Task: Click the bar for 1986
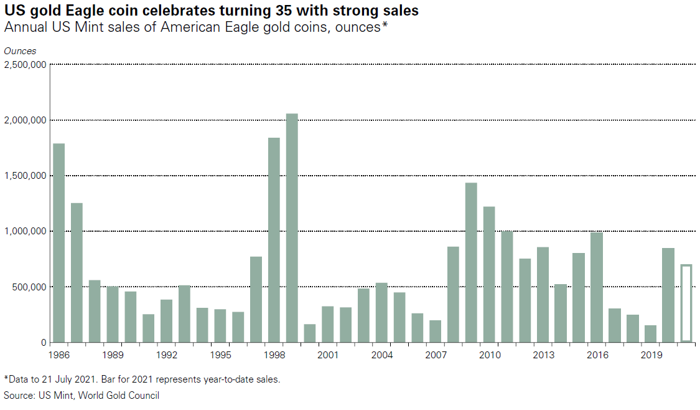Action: [59, 243]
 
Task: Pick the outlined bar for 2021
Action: [686, 303]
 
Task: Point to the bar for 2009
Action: [471, 262]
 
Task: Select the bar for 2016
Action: [597, 287]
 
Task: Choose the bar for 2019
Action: [650, 334]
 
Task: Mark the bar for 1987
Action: [77, 272]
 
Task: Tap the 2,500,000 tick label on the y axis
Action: [25, 64]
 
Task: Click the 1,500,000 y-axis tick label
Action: [25, 176]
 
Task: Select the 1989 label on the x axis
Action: [113, 355]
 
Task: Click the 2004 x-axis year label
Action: [382, 355]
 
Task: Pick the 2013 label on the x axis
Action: [543, 355]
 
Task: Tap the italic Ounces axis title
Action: [20, 51]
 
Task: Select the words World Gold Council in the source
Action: [124, 396]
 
